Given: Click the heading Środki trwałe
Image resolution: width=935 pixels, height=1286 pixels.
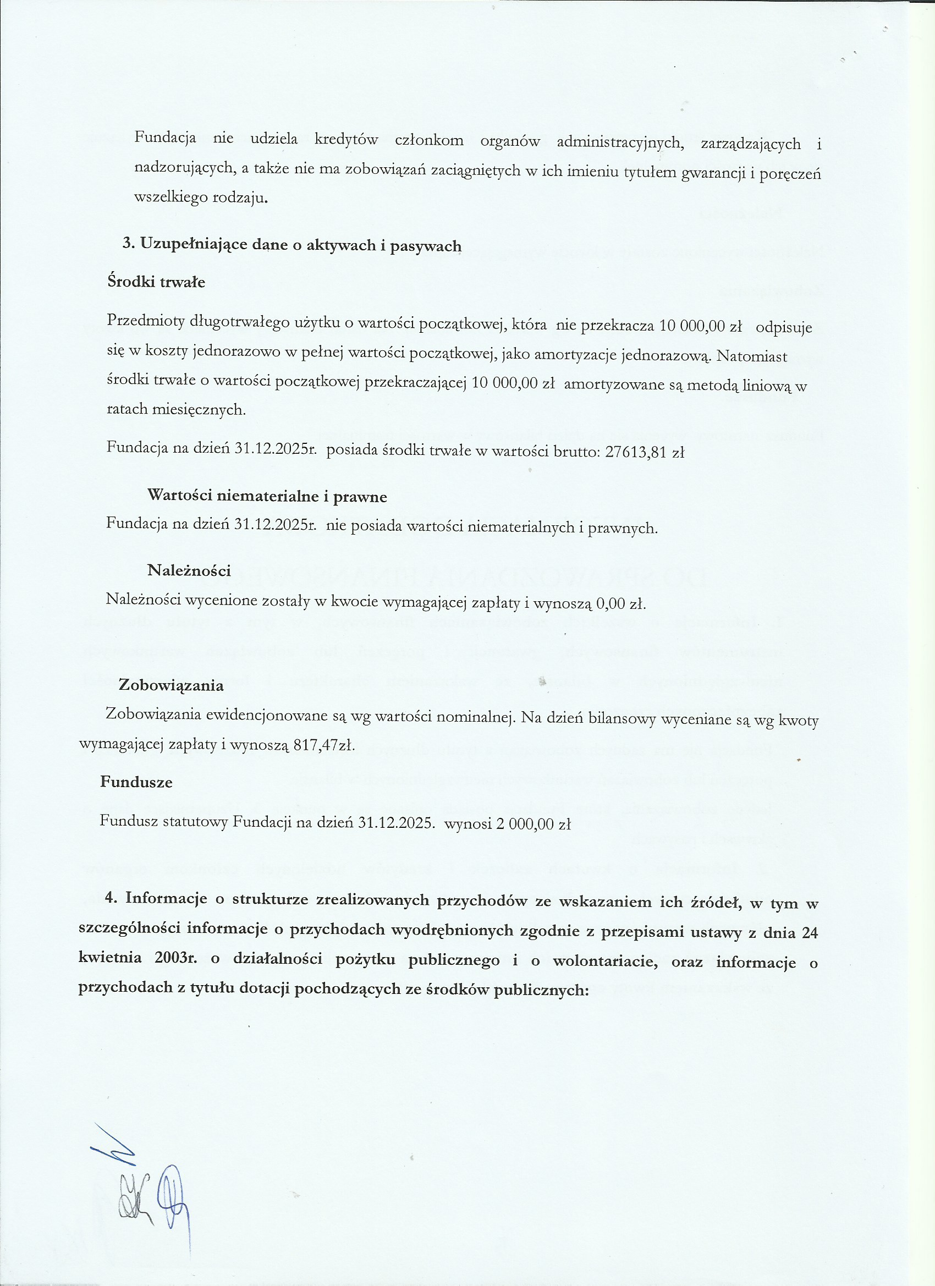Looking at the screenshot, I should (x=156, y=282).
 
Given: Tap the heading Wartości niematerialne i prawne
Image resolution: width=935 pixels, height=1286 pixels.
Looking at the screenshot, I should (x=267, y=496).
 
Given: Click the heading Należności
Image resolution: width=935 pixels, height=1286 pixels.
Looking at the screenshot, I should (x=189, y=570).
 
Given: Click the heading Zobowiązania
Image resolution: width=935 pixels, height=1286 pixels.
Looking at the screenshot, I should (x=170, y=685).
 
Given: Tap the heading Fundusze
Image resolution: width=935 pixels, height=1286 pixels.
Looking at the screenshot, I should (x=136, y=782).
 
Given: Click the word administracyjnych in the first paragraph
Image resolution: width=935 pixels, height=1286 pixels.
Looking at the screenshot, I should (x=620, y=142).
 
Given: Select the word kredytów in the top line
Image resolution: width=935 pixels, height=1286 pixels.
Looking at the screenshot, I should (x=346, y=140).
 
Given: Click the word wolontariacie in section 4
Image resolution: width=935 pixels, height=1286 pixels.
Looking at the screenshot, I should (x=605, y=961).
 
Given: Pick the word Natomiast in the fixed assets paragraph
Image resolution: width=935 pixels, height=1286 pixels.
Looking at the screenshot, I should (x=752, y=356).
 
